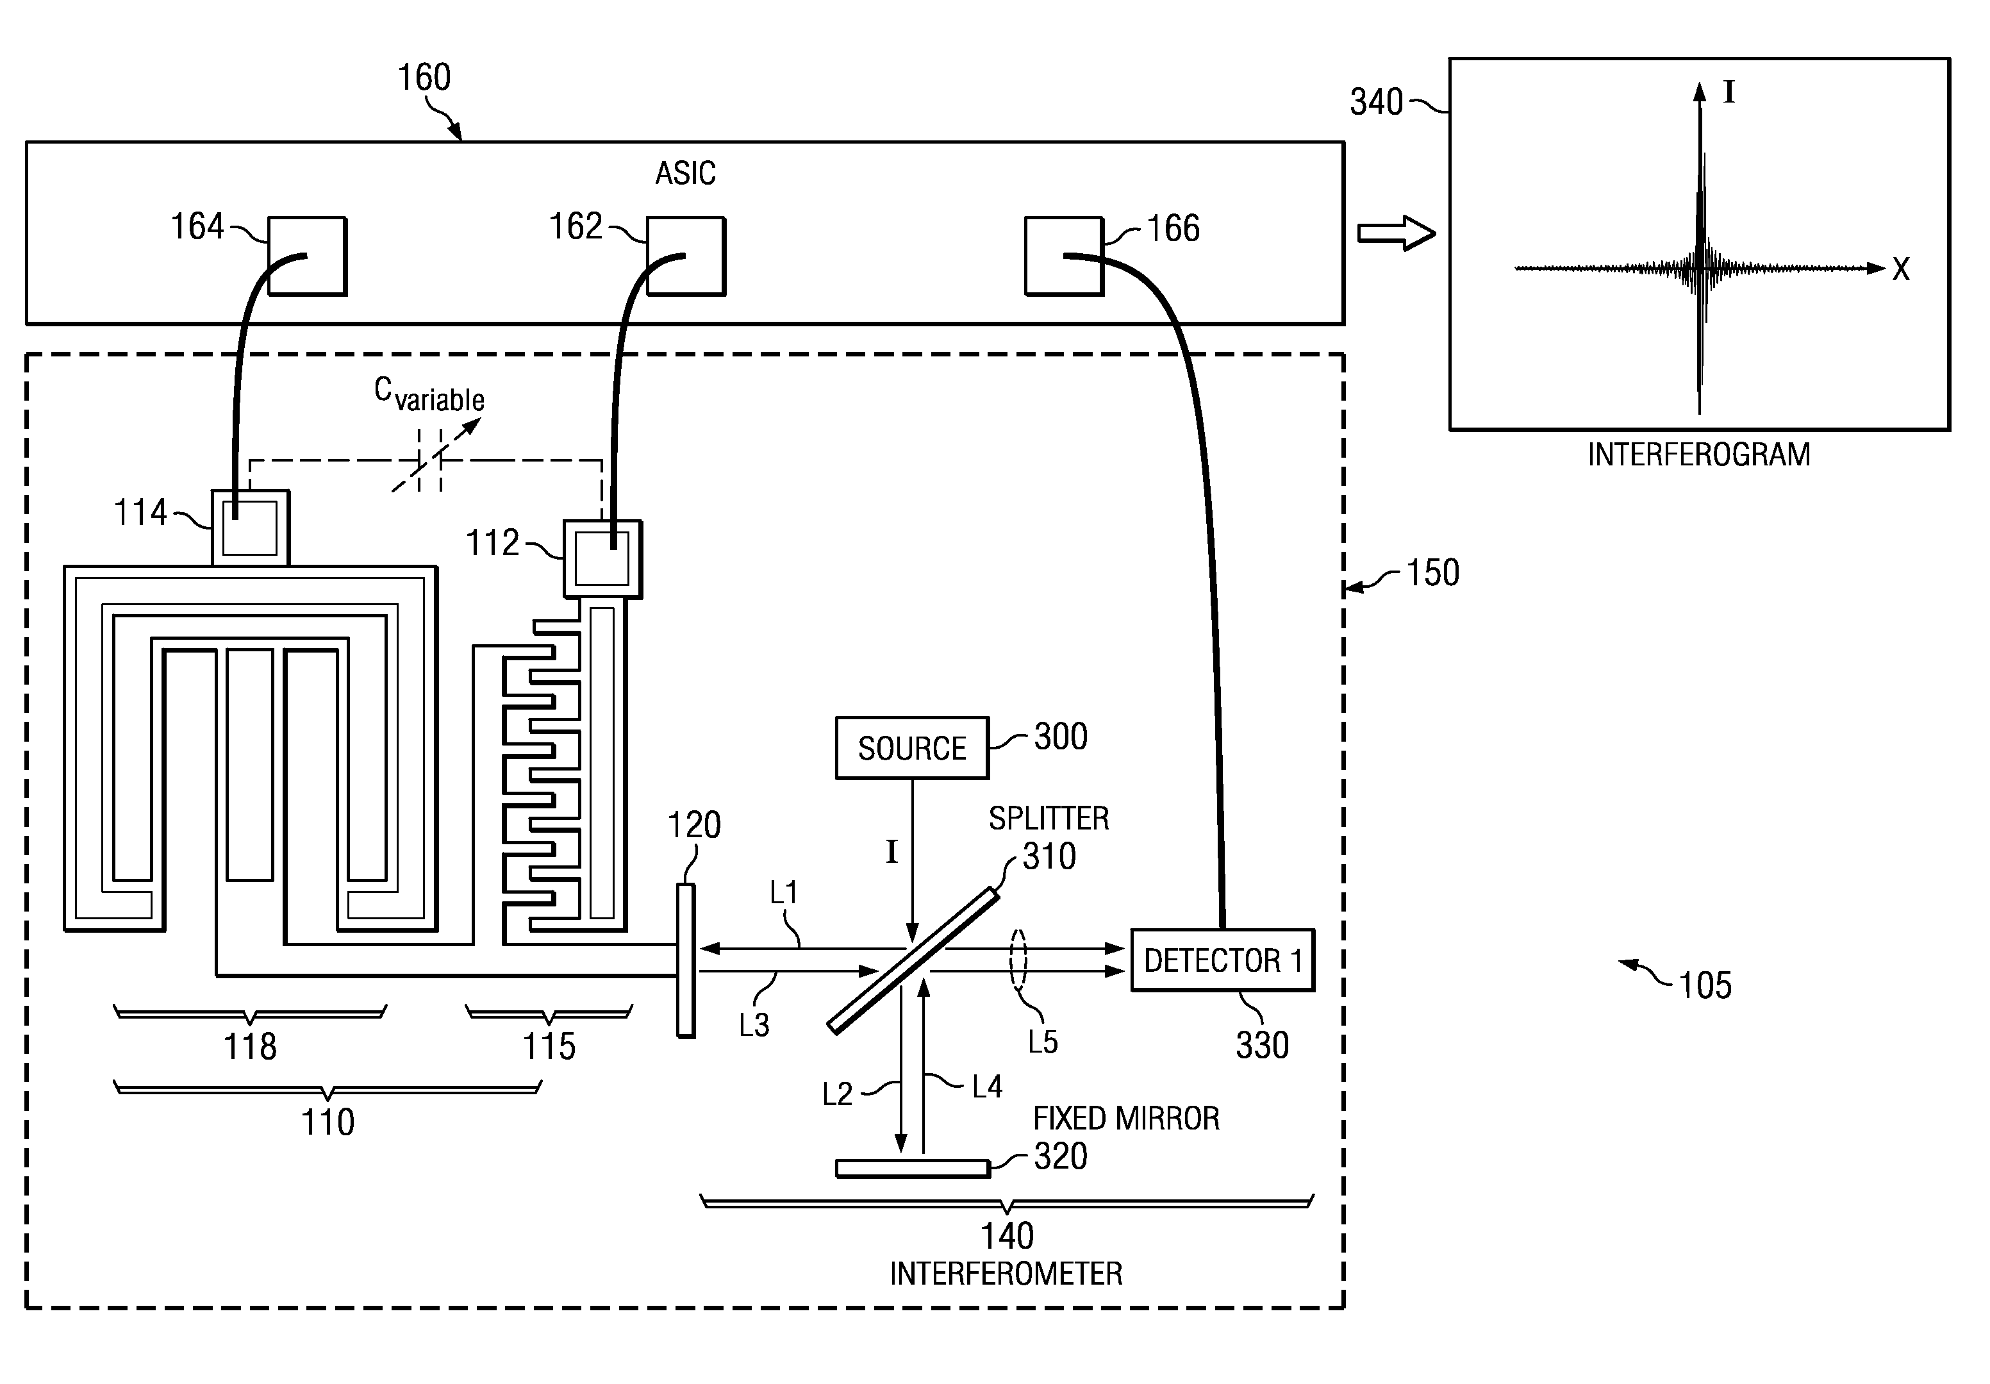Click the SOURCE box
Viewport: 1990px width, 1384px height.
[912, 747]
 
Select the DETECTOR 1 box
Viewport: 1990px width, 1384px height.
[1223, 960]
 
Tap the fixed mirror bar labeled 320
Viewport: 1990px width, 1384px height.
[913, 1168]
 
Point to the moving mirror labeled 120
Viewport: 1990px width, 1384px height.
[686, 960]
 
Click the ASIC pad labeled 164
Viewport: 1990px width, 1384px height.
[307, 256]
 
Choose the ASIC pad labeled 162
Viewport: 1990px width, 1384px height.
[686, 256]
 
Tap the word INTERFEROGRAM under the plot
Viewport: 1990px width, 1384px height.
[1699, 454]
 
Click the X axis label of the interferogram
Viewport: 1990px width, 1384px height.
[1901, 270]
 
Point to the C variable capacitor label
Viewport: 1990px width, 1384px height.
[429, 395]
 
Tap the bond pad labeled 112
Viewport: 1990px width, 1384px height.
[602, 558]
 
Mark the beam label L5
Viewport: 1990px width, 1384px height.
[1043, 1042]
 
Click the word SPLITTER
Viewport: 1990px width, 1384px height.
[1049, 819]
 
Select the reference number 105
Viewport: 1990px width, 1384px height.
[1705, 986]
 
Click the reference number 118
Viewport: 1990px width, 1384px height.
[251, 1047]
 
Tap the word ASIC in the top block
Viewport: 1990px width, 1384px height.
[686, 174]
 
